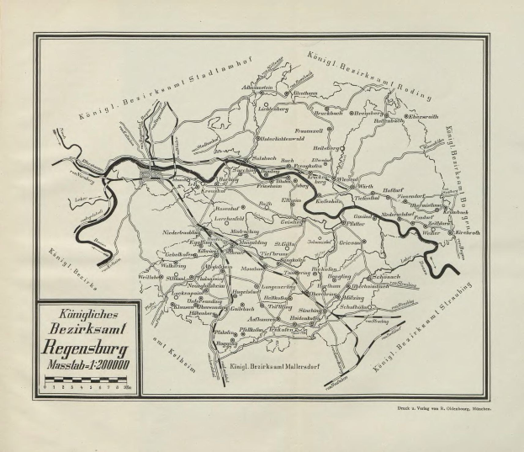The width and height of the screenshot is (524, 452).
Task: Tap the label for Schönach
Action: [x=385, y=276]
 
